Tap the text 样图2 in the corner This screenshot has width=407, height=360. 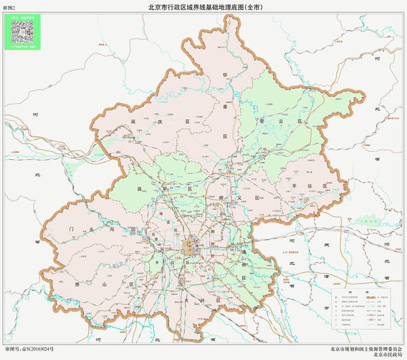9,7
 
